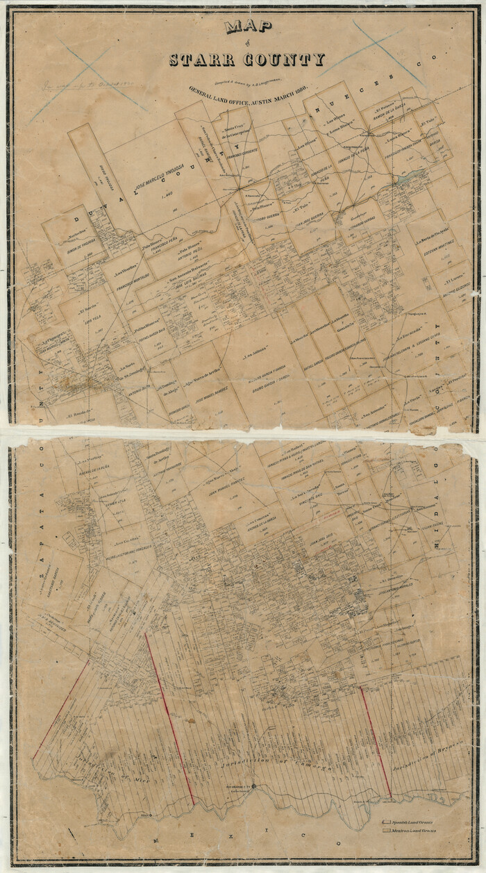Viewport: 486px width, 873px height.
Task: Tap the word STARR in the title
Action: [203, 60]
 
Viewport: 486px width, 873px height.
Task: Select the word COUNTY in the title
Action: [287, 60]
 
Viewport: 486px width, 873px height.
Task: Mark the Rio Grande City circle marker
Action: [254, 787]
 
